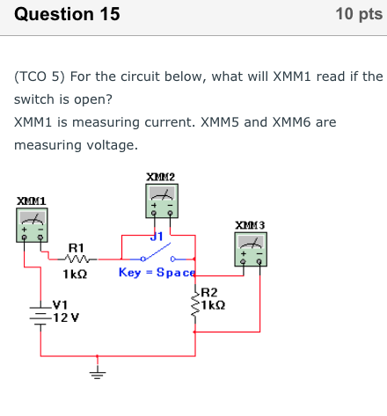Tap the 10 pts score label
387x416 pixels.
tap(359, 15)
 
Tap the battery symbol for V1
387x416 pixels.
tap(39, 314)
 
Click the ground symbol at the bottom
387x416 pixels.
tap(98, 370)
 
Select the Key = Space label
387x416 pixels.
tap(157, 273)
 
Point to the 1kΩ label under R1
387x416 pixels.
tap(76, 274)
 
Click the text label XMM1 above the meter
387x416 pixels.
tap(32, 201)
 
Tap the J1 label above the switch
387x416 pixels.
tap(157, 236)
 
